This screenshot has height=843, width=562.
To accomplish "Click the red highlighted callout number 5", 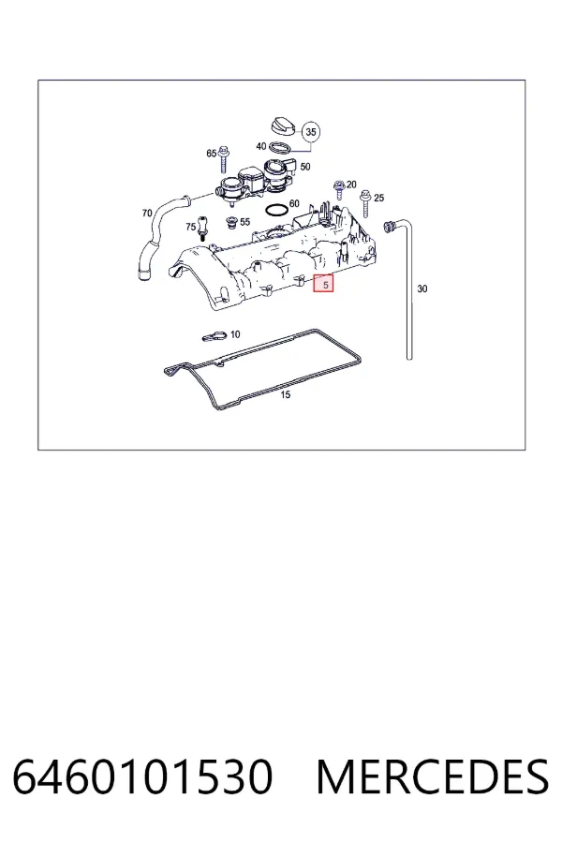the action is [324, 284].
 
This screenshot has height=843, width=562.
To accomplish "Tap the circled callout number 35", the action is [310, 132].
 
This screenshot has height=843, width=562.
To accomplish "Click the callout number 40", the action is [260, 146].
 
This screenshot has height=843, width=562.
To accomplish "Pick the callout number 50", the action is [305, 167].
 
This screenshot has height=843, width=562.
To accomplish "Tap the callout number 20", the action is [351, 185].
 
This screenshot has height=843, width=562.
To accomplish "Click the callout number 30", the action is [422, 288].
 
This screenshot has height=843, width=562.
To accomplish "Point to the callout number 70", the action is [147, 214].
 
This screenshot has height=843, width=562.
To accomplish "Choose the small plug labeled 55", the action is [232, 223].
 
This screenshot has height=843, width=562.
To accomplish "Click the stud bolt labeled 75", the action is [202, 228].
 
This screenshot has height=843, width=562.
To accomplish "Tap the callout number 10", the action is [235, 334].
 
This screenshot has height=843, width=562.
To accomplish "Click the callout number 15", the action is [286, 394].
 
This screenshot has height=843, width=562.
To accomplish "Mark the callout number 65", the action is [212, 154].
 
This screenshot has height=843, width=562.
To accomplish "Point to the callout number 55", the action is [244, 221].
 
